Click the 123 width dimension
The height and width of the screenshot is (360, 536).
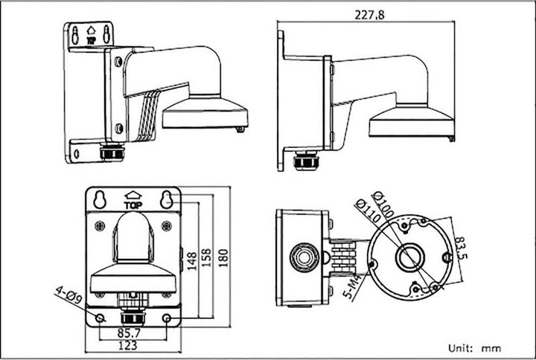point(133,346)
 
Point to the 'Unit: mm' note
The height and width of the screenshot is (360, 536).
point(474,347)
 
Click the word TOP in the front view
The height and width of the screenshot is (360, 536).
point(133,206)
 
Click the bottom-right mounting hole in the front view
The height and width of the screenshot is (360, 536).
point(167,318)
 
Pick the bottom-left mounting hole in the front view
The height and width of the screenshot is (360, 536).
point(99,318)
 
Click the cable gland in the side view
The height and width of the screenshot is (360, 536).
point(303,159)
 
